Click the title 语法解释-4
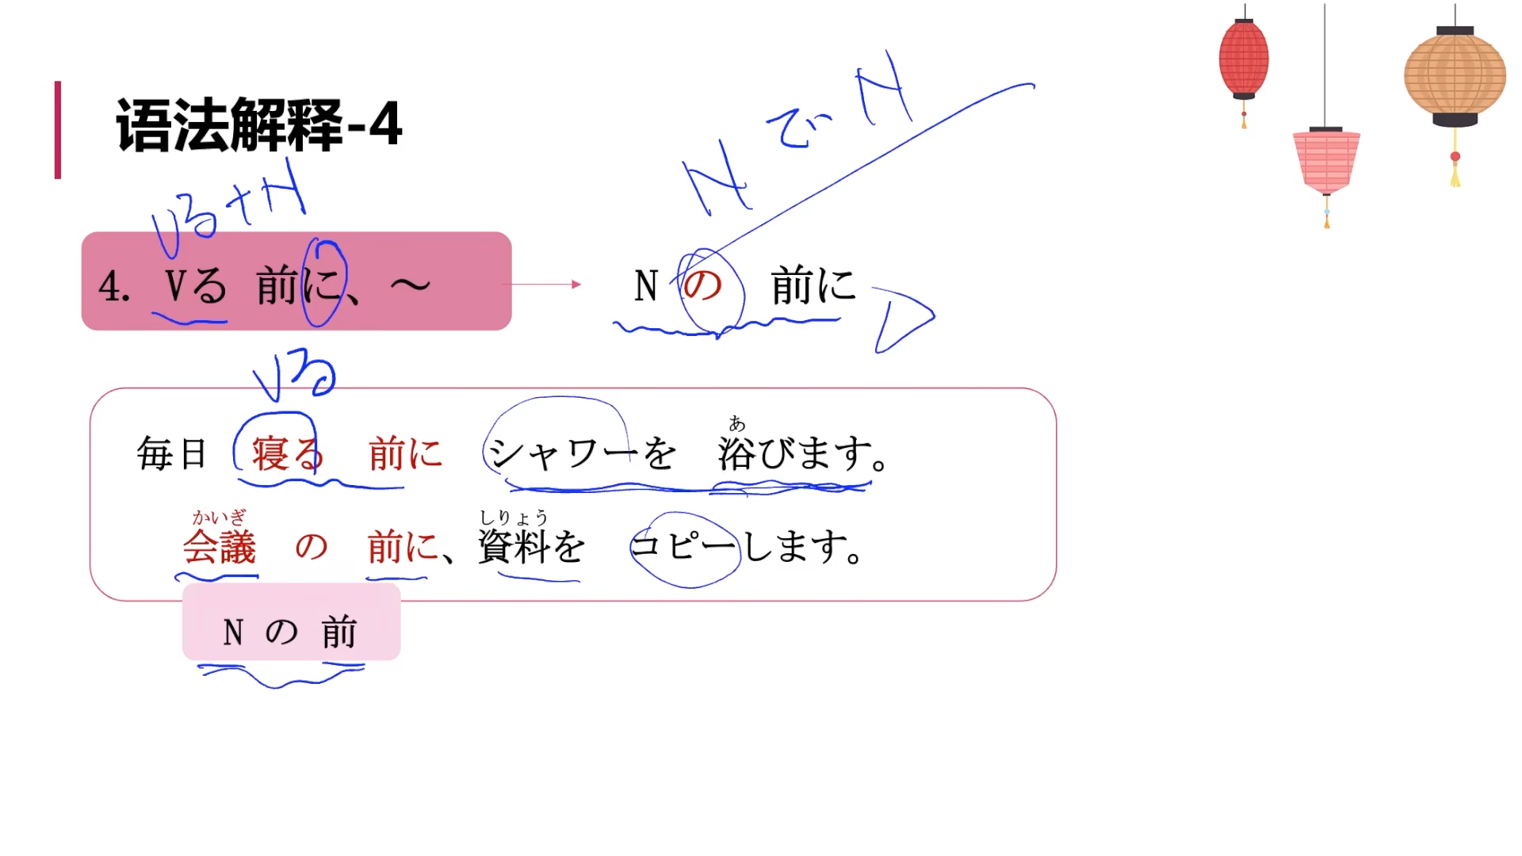258,124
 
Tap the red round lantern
1243,59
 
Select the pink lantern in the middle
1326,161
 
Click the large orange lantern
1455,76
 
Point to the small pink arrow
541,284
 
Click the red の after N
702,285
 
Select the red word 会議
220,547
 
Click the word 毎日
171,454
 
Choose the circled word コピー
683,547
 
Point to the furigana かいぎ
219,518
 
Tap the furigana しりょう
514,518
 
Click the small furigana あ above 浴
737,424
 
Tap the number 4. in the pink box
114,286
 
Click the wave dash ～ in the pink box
411,285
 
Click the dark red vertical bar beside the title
58,129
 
